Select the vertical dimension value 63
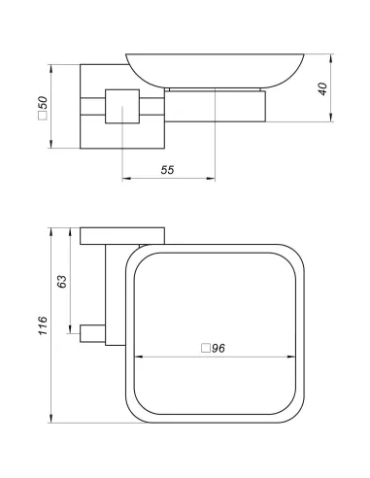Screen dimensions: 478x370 pyautogui.click(x=60, y=283)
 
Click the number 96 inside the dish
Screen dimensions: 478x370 pyautogui.click(x=218, y=348)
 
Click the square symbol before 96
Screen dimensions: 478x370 pyautogui.click(x=203, y=348)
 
